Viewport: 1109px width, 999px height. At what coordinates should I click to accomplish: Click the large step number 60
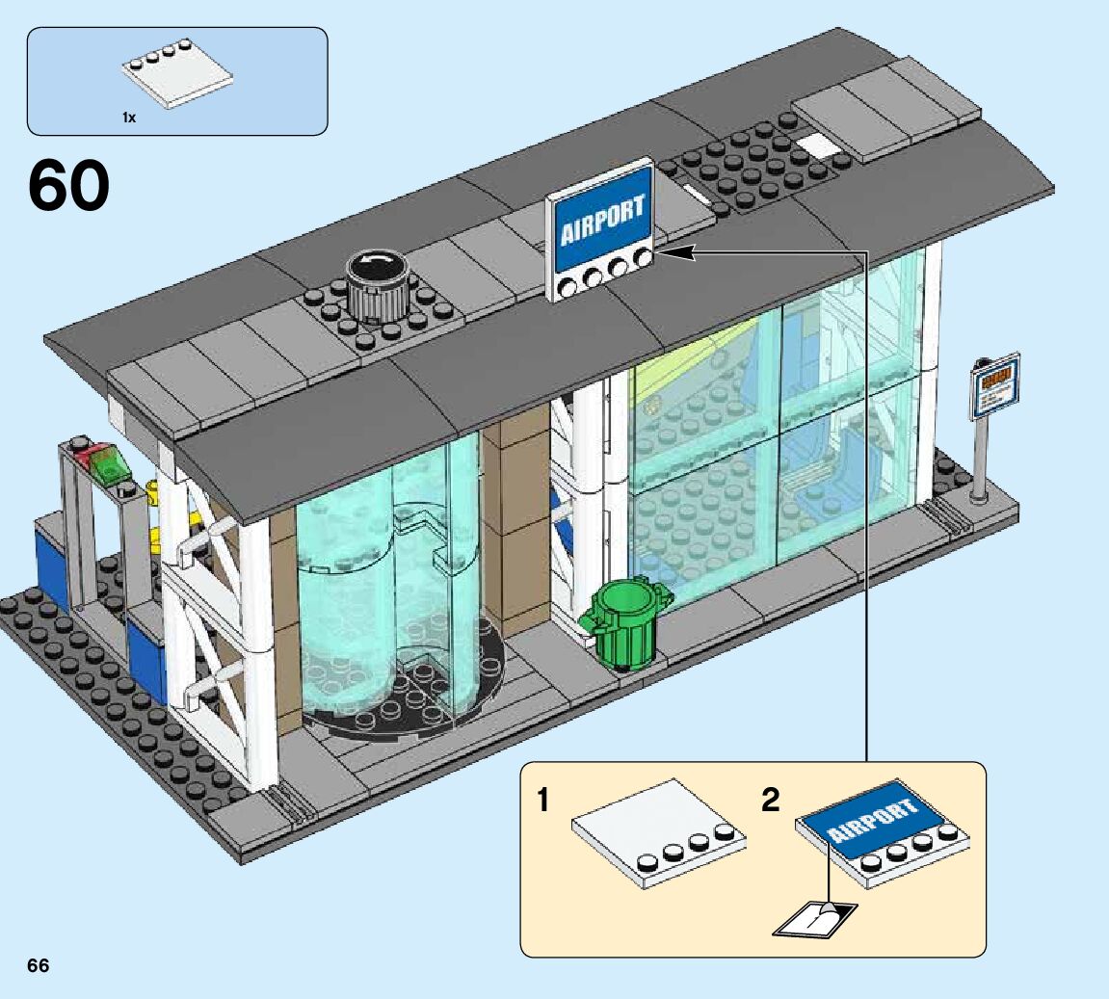tap(69, 187)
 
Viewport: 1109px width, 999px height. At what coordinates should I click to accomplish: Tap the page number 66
tap(39, 966)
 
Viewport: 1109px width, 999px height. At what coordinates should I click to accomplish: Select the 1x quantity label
tap(128, 117)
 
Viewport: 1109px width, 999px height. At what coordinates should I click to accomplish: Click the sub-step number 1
tap(544, 800)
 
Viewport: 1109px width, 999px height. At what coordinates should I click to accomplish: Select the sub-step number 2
tap(771, 800)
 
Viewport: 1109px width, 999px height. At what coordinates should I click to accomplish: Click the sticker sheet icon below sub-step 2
tap(814, 920)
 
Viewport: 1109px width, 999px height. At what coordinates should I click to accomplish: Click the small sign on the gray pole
tap(994, 385)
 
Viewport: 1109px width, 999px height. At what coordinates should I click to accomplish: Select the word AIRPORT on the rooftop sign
tap(601, 223)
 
